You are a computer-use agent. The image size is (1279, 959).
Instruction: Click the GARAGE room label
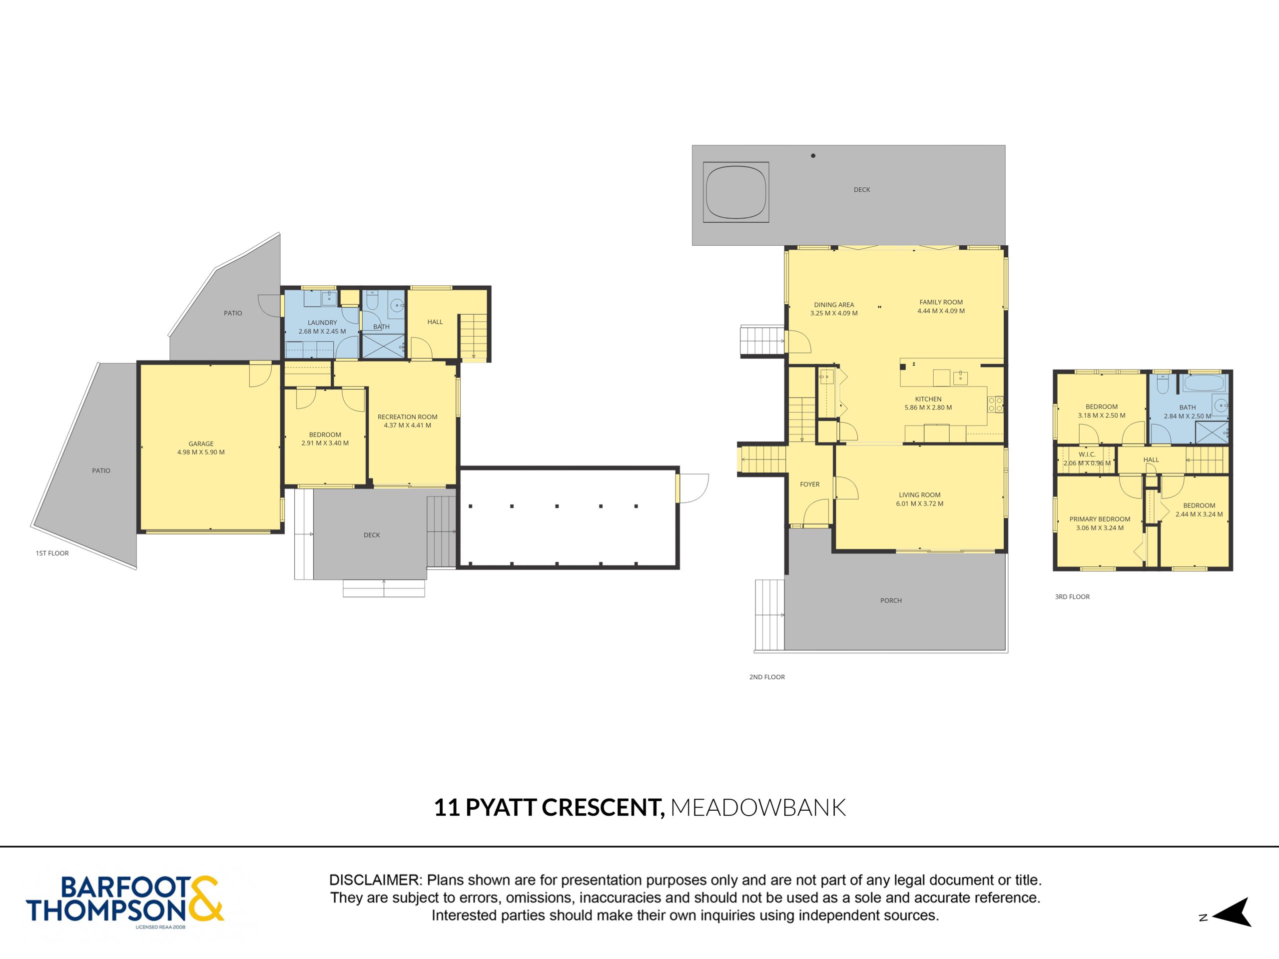(x=201, y=444)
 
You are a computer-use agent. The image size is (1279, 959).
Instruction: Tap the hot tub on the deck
(x=735, y=192)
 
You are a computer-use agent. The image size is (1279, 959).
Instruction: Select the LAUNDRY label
(x=322, y=323)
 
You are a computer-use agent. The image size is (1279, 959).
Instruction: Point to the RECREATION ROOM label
(x=408, y=417)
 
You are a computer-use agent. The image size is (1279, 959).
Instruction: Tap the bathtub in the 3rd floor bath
(x=1204, y=383)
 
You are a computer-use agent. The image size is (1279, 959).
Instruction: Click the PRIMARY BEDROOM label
(x=1100, y=519)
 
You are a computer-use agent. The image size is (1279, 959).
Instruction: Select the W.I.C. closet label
(x=1087, y=455)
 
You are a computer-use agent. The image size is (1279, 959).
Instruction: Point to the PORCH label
(x=891, y=600)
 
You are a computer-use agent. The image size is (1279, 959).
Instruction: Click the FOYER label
(x=809, y=484)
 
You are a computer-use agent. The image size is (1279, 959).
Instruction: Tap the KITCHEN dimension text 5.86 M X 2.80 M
(x=928, y=408)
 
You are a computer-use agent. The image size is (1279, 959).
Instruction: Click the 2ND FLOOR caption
(x=767, y=677)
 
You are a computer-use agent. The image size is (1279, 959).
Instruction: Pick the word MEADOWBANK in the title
(x=758, y=808)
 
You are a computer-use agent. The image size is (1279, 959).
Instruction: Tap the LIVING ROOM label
(x=919, y=495)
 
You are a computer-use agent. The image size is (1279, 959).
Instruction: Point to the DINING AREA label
(x=834, y=305)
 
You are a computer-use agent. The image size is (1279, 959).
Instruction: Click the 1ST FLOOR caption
(x=52, y=553)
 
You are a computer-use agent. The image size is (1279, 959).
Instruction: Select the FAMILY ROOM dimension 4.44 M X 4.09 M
(x=941, y=311)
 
